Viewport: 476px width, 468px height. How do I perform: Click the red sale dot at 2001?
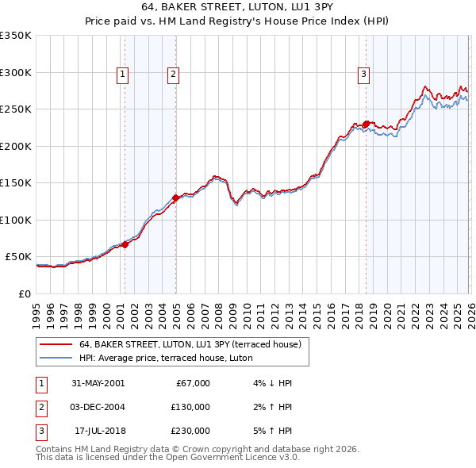click(125, 244)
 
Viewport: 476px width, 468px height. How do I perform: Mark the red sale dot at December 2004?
click(175, 198)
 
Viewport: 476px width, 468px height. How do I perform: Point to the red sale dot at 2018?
click(366, 124)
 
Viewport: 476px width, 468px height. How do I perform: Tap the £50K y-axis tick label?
click(19, 257)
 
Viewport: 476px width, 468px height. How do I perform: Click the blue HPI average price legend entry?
click(165, 359)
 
